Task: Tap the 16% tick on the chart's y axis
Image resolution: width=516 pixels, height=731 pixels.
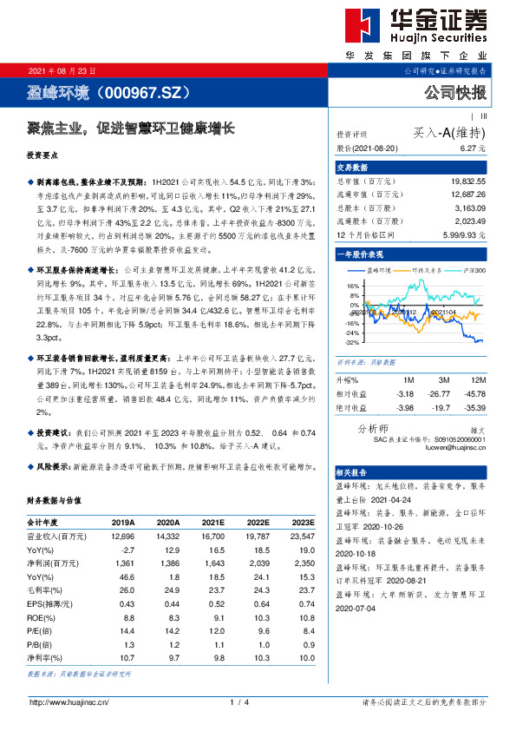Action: tap(353, 285)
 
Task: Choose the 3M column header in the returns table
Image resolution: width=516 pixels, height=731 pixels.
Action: tap(442, 380)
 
